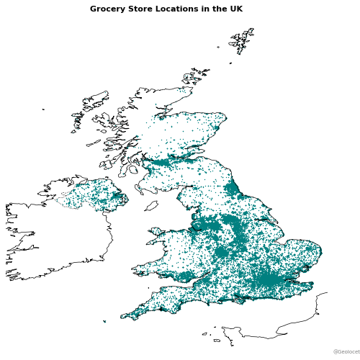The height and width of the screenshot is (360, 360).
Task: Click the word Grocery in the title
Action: point(105,9)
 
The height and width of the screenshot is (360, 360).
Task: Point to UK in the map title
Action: point(235,9)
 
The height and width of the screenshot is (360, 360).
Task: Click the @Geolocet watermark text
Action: point(346,351)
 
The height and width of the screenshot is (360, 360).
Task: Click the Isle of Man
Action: point(151,206)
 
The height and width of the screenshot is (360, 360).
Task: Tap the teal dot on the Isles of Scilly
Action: point(104,321)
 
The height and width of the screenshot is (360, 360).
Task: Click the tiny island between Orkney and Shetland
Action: point(231,63)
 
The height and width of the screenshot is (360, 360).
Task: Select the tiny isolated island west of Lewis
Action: point(43,109)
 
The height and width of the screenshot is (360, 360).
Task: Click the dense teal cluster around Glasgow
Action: point(162,163)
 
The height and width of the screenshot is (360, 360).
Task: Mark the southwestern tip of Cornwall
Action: point(122,316)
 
